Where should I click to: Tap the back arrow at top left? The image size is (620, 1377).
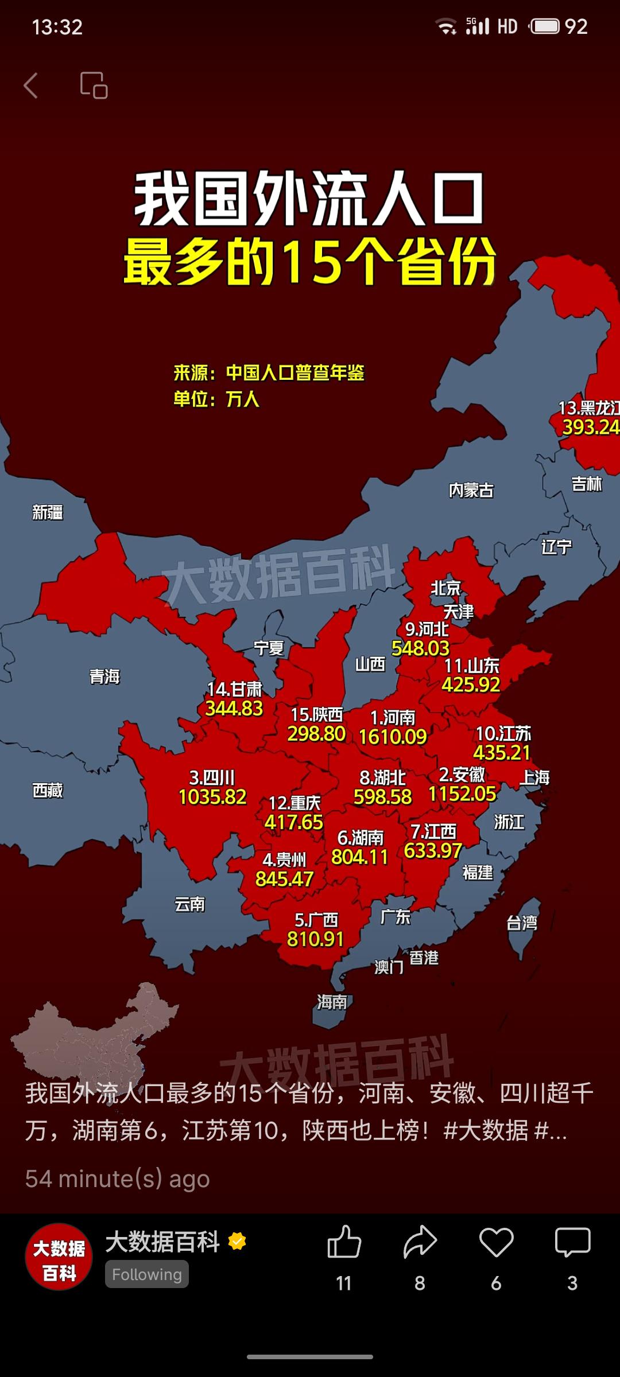[x=31, y=85]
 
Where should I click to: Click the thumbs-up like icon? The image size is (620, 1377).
[x=344, y=1242]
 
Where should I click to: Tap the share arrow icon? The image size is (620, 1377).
[x=420, y=1242]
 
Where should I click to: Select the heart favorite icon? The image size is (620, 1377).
[x=496, y=1242]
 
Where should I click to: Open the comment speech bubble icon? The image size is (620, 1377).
[x=572, y=1242]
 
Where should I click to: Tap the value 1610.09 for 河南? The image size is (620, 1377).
[x=393, y=737]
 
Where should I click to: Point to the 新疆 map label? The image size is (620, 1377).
[x=48, y=512]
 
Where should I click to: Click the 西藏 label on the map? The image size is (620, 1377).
[x=48, y=790]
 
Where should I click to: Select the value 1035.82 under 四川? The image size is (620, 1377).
[x=212, y=797]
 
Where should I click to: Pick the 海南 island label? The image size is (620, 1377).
[x=332, y=1002]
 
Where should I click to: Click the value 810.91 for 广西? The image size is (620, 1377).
[x=315, y=939]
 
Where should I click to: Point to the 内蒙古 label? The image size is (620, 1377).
[x=471, y=490]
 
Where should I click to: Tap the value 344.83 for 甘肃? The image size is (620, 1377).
[x=234, y=709]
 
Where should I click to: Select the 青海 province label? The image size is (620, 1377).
[x=104, y=676]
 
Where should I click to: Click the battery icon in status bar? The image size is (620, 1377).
[x=544, y=26]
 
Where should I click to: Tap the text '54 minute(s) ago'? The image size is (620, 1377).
[x=118, y=1179]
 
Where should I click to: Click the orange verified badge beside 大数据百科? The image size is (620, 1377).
[x=237, y=1242]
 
